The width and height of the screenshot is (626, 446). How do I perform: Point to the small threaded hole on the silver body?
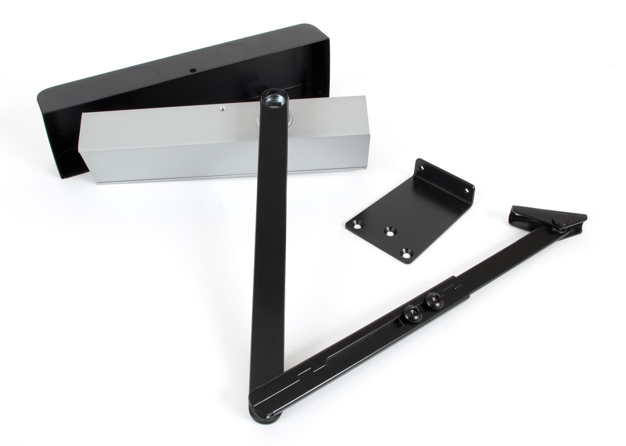[222, 109]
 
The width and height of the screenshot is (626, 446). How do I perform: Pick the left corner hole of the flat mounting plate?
[357, 224]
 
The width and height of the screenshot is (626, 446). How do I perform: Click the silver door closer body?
[175, 147]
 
